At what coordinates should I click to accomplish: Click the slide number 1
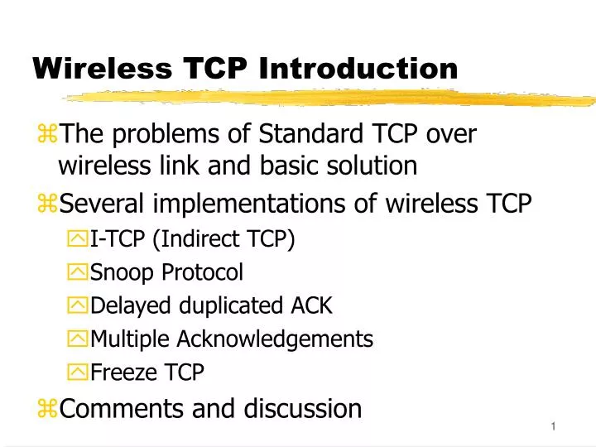pyautogui.click(x=552, y=425)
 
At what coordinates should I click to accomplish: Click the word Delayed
pyautogui.click(x=122, y=305)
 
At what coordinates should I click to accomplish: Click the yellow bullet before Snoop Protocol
pyautogui.click(x=79, y=272)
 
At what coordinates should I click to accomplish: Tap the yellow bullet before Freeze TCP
pyautogui.click(x=79, y=372)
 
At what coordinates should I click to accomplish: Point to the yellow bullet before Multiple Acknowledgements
pyautogui.click(x=79, y=339)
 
